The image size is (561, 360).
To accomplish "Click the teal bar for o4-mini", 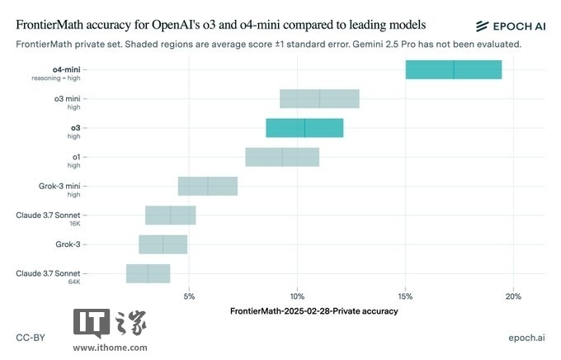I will coord(453,69).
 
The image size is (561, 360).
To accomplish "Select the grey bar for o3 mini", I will coord(319,98).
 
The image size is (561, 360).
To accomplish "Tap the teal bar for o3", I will coord(304,128).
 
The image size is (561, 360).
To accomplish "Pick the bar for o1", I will coord(282,157).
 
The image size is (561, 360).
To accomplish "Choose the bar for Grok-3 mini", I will coord(208,186).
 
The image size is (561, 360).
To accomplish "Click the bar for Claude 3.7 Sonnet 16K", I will coord(171,215).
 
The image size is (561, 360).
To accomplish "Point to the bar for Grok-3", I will coord(163,244).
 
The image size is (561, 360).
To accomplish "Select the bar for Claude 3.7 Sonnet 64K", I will coord(148,273).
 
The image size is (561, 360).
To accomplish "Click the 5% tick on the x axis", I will coord(190,296).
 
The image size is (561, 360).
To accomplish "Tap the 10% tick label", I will coord(298,296).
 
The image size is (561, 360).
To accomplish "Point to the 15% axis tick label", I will coord(405,296).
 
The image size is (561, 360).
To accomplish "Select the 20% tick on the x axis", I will coord(513,296).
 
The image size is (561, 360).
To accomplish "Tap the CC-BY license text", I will coord(31,338).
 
